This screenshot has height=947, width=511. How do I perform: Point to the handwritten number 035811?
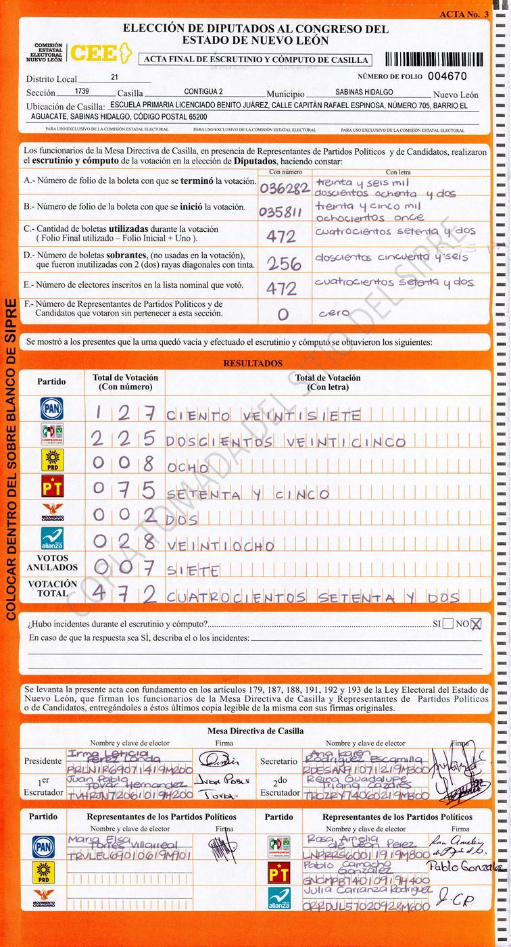pos(281,212)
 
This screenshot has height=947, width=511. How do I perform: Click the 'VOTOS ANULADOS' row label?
pos(52,563)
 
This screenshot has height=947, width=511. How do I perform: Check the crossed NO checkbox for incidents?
pos(476,624)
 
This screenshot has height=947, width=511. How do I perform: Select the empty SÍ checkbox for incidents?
pos(447,624)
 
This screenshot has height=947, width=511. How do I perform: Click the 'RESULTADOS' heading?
pos(253,364)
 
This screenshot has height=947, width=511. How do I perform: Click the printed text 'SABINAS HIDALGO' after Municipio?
pos(364,91)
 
